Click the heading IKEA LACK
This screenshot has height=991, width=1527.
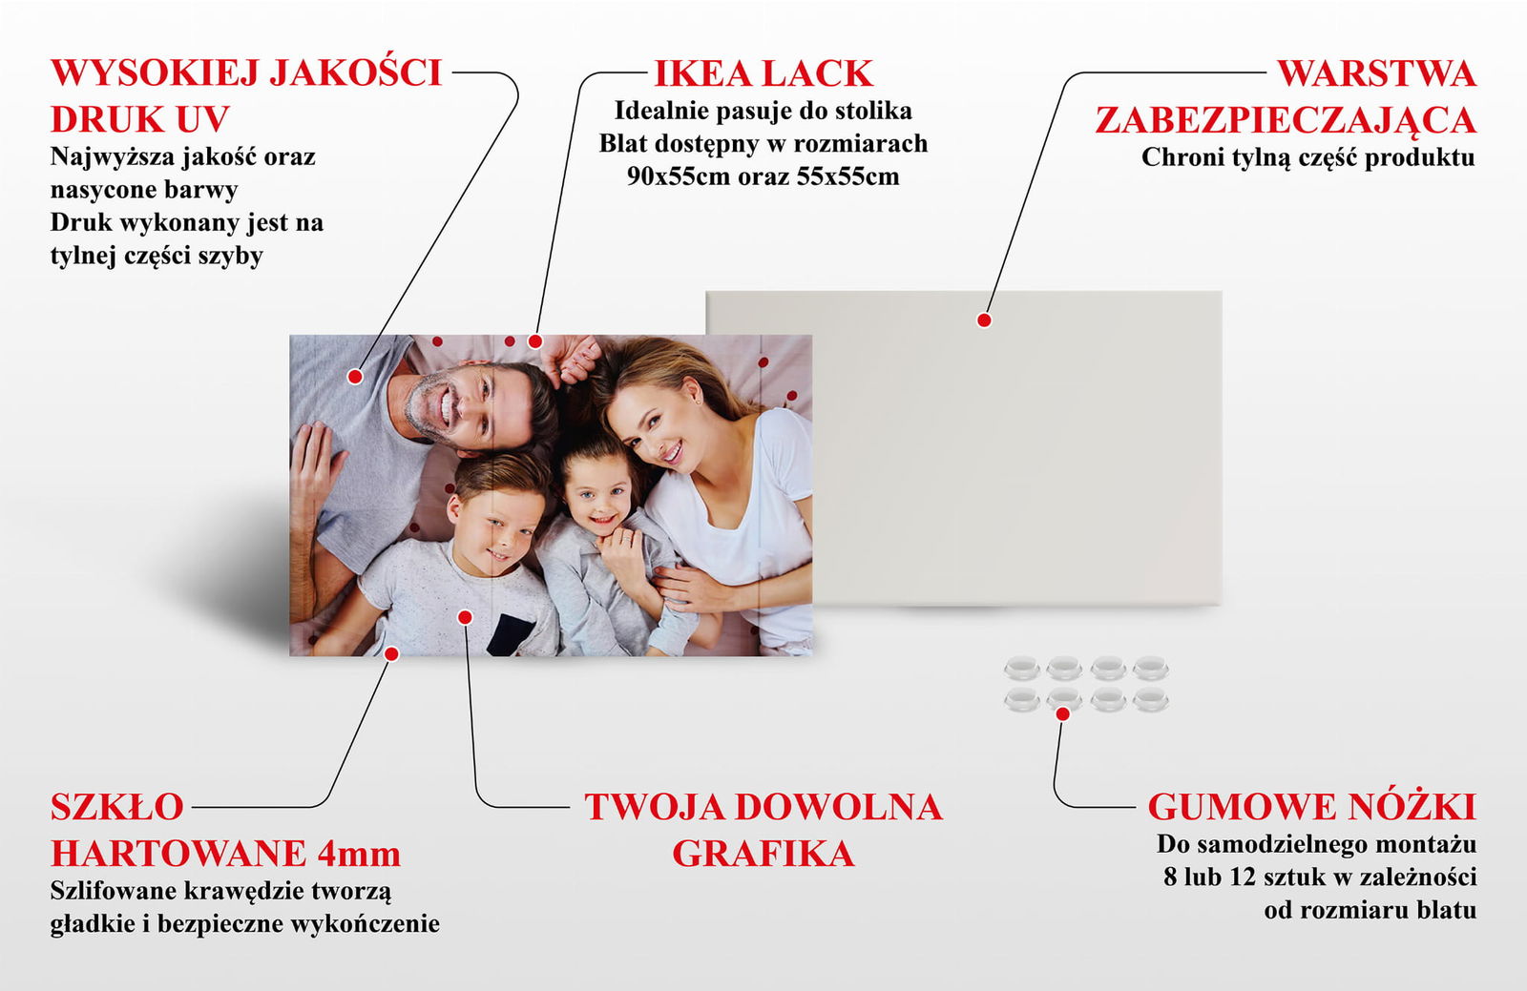[x=763, y=73]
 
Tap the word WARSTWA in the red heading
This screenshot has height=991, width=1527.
[x=1376, y=73]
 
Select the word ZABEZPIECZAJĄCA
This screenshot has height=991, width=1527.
[x=1286, y=120]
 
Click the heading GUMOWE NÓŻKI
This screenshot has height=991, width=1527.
[x=1312, y=806]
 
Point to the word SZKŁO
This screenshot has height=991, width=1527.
[x=117, y=807]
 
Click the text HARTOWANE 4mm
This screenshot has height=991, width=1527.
[x=225, y=854]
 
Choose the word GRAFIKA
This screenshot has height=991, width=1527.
[x=763, y=854]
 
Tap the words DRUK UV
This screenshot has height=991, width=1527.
[x=139, y=119]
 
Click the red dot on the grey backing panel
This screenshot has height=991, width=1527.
[x=984, y=320]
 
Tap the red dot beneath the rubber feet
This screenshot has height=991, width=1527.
[x=1062, y=713]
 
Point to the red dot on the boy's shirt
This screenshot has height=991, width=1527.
[x=465, y=617]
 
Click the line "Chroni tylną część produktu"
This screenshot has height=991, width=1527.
[x=1308, y=158]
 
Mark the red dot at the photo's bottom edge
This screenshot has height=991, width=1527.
[x=391, y=654]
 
